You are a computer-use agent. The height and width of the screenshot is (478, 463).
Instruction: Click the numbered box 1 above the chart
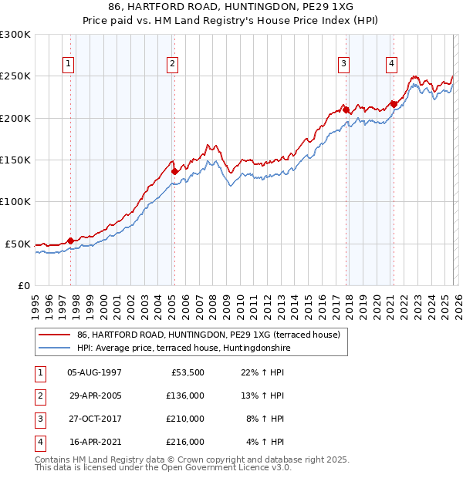(x=69, y=64)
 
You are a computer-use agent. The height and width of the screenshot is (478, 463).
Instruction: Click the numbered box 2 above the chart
(x=172, y=64)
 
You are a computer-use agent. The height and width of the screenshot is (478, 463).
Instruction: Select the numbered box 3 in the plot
(x=343, y=64)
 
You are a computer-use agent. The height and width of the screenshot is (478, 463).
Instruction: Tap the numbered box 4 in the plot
(x=392, y=64)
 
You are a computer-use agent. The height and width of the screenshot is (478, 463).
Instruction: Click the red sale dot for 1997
(x=70, y=241)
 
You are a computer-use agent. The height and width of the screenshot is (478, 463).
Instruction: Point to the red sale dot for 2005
(x=175, y=171)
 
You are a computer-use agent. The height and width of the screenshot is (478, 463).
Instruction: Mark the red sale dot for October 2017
(x=346, y=109)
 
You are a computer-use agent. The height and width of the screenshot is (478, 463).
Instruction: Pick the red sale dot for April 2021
(x=394, y=104)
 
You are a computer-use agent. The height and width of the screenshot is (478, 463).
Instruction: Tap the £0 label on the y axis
(x=23, y=285)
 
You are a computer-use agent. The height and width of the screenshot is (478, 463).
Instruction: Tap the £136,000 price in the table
(x=185, y=396)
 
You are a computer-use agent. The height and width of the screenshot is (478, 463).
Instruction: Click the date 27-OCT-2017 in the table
(x=94, y=419)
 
